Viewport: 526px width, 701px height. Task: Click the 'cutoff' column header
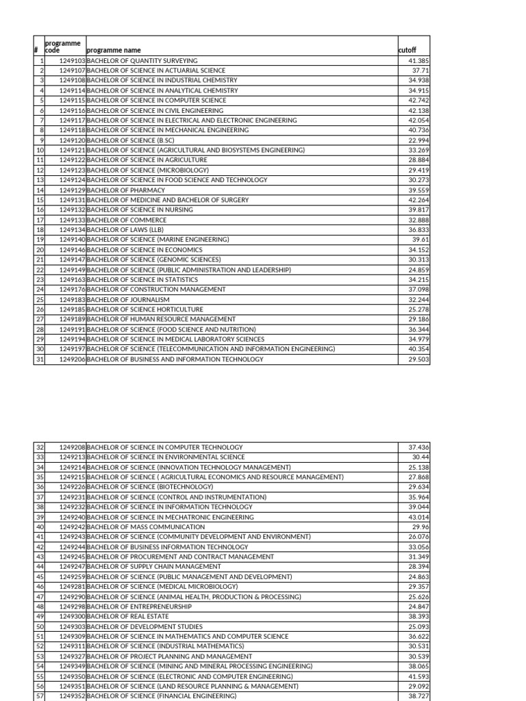[x=407, y=50]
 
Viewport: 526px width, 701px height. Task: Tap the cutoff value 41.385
[x=418, y=60]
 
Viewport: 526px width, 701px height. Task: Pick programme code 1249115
[x=72, y=100]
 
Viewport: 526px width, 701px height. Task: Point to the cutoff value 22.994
[x=418, y=140]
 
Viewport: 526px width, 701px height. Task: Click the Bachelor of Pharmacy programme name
[x=126, y=190]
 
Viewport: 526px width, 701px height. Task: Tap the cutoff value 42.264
[x=418, y=200]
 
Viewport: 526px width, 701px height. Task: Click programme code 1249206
[x=72, y=359]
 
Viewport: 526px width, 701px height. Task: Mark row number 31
[x=39, y=359]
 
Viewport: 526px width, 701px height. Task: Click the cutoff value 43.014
[x=418, y=517]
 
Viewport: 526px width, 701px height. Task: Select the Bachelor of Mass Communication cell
[x=146, y=527]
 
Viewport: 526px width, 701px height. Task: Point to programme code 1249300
[x=72, y=616]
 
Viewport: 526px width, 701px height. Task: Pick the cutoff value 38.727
[x=418, y=696]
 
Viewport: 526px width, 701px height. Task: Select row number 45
[x=39, y=576]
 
